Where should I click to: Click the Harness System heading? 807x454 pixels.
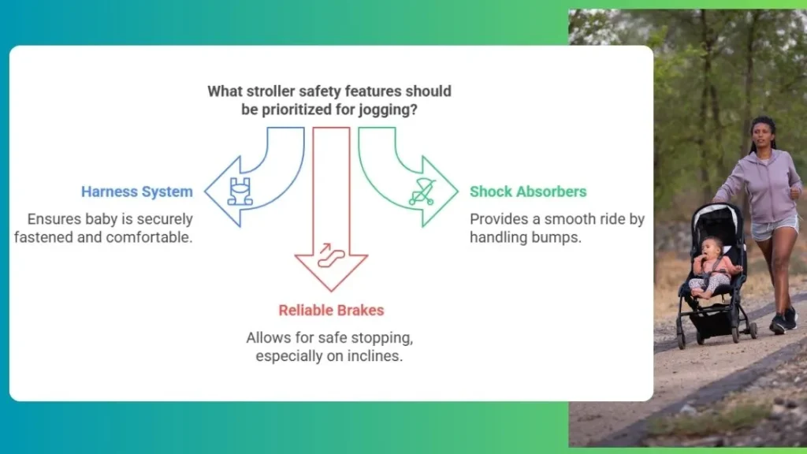(137, 192)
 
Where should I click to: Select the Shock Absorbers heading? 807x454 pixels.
(528, 192)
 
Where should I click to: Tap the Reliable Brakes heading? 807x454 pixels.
(331, 311)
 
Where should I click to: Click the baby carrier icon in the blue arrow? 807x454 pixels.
(240, 192)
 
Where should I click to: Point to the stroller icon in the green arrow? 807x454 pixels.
(422, 192)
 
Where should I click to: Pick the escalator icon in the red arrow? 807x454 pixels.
(330, 255)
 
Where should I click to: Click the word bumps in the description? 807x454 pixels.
(562, 237)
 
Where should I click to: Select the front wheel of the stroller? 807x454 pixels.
(682, 340)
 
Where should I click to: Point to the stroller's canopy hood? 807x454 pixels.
(718, 221)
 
